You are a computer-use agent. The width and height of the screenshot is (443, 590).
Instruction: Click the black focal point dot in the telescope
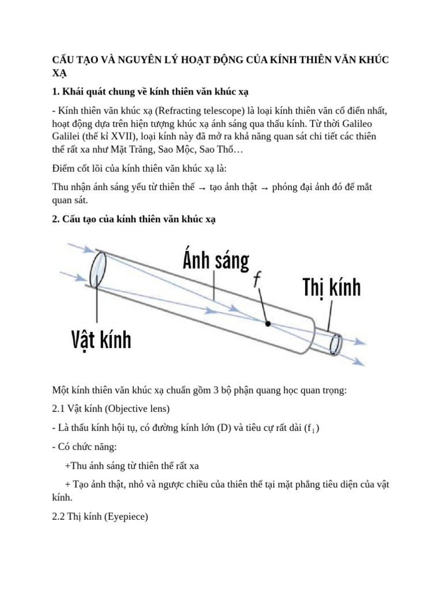point(268,324)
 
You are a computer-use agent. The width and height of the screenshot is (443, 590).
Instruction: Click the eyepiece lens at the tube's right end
point(335,345)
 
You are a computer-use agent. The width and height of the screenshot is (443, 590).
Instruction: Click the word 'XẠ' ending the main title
point(59,74)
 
